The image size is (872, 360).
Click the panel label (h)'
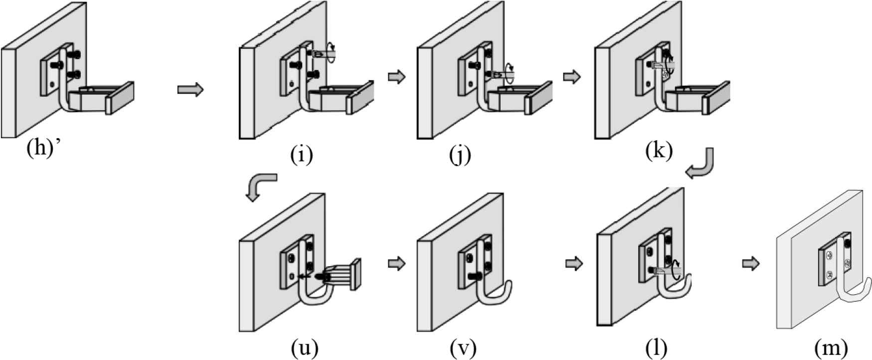point(47,149)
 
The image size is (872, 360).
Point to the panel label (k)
point(659,150)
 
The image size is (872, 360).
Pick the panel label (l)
point(656,348)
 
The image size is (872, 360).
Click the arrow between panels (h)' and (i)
point(190,90)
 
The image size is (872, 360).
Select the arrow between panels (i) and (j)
point(396,77)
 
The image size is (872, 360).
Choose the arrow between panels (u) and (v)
point(396,263)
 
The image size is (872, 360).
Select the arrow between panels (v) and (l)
point(574,263)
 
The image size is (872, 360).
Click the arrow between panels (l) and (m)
point(751,263)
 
